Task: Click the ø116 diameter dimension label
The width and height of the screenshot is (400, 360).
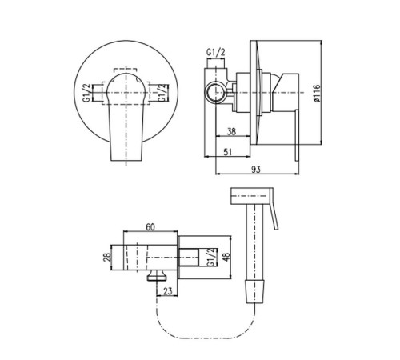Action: (317, 93)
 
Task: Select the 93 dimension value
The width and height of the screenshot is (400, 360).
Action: (256, 170)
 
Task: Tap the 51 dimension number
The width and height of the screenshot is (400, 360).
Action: (227, 152)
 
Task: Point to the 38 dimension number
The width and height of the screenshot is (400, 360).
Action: (231, 131)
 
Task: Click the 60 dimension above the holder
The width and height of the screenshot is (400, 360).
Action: (150, 227)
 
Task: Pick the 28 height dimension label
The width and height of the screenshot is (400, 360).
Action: (107, 258)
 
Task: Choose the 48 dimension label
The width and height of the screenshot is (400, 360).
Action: (226, 257)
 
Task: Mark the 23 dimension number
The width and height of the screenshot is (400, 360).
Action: (168, 291)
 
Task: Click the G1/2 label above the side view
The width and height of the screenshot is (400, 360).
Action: (216, 53)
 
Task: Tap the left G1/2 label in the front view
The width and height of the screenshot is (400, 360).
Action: (86, 93)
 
